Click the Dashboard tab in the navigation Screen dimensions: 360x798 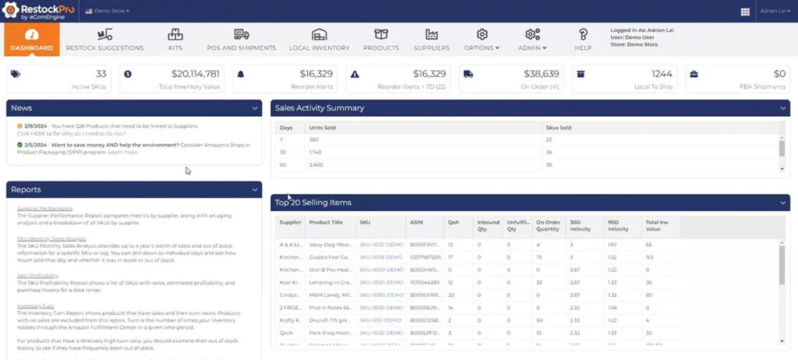click(x=32, y=39)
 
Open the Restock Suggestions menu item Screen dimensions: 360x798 click(x=104, y=39)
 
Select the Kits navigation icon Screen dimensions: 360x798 click(x=175, y=39)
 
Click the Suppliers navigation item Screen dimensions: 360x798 click(x=431, y=39)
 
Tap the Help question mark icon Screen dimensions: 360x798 click(x=582, y=39)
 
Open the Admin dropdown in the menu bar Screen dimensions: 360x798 click(x=533, y=39)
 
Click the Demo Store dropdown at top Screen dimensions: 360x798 click(x=107, y=11)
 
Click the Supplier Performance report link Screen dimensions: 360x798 click(x=44, y=208)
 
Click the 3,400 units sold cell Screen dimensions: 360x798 click(x=320, y=164)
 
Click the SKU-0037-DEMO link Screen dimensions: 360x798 click(x=380, y=245)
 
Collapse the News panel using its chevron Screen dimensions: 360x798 click(x=255, y=108)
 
